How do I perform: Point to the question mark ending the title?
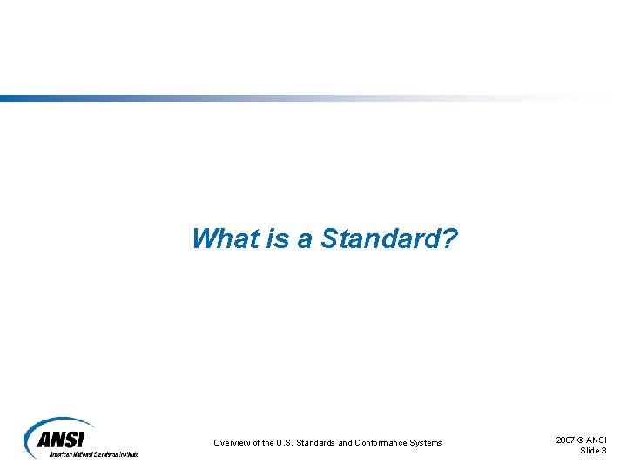pos(448,238)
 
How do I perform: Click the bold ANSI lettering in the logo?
pos(66,439)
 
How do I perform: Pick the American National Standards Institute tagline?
pos(93,454)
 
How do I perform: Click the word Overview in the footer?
pos(233,443)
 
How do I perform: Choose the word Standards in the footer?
pos(317,443)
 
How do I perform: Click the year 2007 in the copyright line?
pos(566,440)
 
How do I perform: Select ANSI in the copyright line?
pos(597,440)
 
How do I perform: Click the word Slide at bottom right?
pos(590,450)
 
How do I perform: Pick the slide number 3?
pos(605,450)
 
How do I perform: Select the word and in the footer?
pos(345,443)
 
